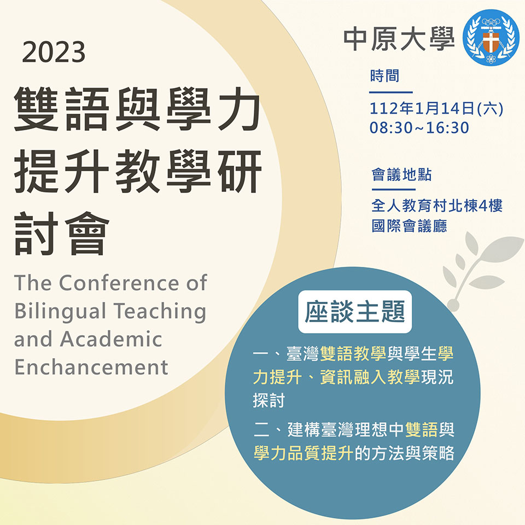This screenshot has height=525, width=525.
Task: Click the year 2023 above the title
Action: coord(54,52)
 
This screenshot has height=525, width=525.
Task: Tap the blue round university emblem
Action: coord(491,38)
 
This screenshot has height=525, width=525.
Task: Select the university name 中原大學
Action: coord(399,39)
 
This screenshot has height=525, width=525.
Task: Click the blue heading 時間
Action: coord(384,75)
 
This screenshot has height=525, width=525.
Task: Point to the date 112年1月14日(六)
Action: coord(436,108)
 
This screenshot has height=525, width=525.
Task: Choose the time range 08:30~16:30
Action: coord(419,127)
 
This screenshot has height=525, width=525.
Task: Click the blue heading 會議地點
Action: coord(401,174)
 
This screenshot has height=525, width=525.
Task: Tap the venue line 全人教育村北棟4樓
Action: coord(437,205)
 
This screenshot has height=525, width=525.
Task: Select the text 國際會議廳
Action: coord(409,226)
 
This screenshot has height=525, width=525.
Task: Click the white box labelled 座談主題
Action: coord(355,312)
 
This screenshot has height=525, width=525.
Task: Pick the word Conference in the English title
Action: coord(120,283)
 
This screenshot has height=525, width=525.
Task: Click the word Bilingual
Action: coord(60,312)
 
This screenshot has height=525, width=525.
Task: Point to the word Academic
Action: coord(111,339)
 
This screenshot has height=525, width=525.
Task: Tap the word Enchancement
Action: coord(91,367)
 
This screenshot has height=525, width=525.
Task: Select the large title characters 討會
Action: coord(62,234)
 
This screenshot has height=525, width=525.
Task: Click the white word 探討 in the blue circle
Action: coord(269,400)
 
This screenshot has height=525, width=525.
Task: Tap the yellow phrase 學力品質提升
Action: coord(304,453)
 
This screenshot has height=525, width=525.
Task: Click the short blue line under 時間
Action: coord(390,92)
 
